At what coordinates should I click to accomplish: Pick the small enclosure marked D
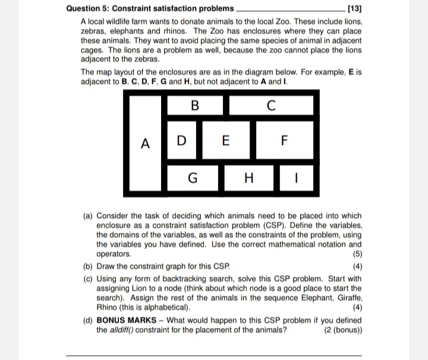pyautogui.click(x=182, y=141)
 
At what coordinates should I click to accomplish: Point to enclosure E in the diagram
pyautogui.click(x=224, y=141)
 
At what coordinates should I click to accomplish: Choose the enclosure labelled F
pyautogui.click(x=284, y=141)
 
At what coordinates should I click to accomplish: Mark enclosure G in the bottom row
pyautogui.click(x=192, y=177)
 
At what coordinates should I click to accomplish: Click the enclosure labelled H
pyautogui.click(x=249, y=177)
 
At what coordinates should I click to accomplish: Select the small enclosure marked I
pyautogui.click(x=295, y=177)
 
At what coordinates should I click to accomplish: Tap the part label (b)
pyautogui.click(x=87, y=266)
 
